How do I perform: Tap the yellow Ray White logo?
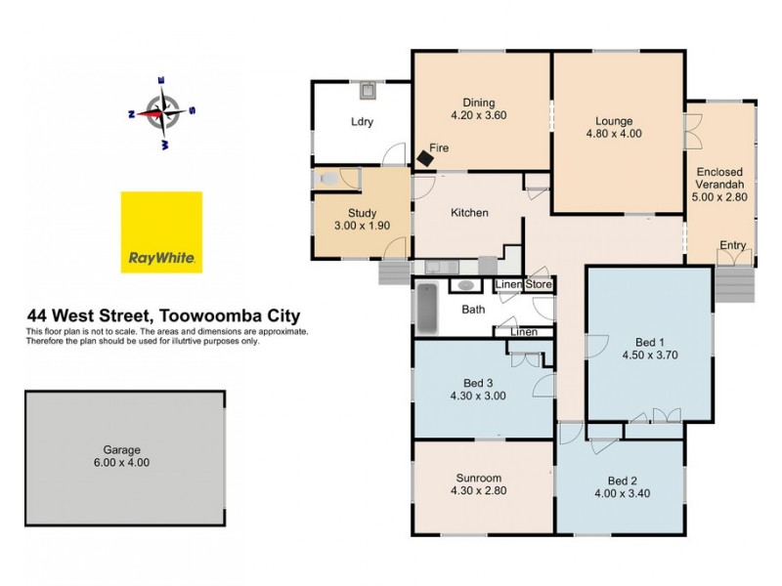(x=161, y=231)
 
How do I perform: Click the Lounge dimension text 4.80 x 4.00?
(x=614, y=135)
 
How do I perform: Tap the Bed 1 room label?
(x=649, y=342)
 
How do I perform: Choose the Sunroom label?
(x=479, y=479)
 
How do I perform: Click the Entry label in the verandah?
(x=732, y=245)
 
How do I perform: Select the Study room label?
(x=362, y=214)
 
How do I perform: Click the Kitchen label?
(x=469, y=213)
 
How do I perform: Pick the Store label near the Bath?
(x=540, y=285)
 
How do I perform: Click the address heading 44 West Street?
(x=163, y=315)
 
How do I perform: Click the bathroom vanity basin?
(x=467, y=286)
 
